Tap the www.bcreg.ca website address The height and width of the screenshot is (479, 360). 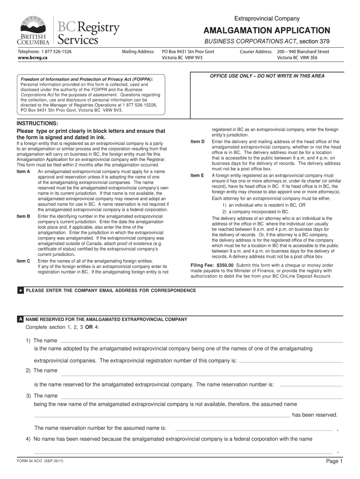32,57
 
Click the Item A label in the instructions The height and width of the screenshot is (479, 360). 23,172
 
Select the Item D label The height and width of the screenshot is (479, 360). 197,141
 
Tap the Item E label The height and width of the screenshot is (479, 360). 197,175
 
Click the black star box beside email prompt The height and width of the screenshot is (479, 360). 21,290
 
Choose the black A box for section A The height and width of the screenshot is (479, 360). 21,319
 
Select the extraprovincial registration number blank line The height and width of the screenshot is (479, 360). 291,362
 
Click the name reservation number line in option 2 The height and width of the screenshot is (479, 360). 311,385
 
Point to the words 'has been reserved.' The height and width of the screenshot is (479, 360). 314,414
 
